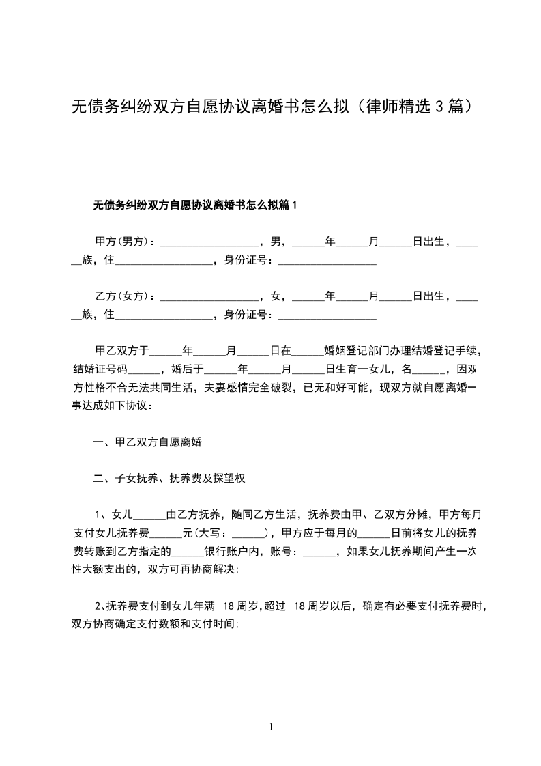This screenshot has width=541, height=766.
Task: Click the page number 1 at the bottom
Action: point(272,726)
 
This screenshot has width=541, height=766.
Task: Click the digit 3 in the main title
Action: point(439,107)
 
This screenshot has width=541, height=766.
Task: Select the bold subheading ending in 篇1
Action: point(195,205)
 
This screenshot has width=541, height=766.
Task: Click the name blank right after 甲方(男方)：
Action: point(209,243)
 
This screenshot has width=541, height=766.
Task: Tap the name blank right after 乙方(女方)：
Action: point(209,298)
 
